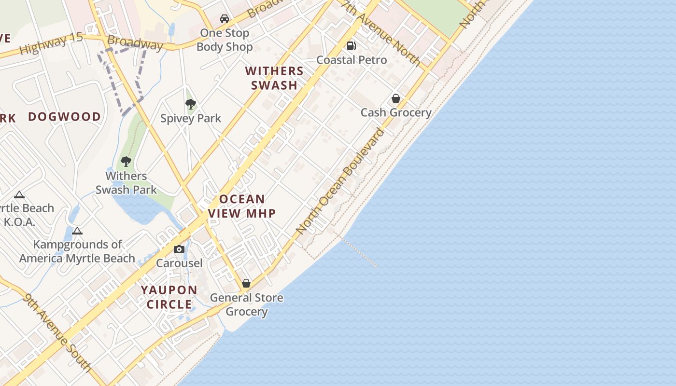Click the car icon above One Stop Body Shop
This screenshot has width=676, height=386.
[x=225, y=19]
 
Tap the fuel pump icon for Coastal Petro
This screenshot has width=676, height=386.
[x=352, y=46]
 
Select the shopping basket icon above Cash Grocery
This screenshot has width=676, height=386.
[x=396, y=98]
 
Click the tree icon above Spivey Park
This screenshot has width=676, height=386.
[x=191, y=104]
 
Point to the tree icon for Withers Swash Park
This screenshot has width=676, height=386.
[x=126, y=161]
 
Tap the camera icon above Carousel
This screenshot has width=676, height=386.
[x=179, y=249]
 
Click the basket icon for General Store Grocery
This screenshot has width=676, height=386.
[x=246, y=283]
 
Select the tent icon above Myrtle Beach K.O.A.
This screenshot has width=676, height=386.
[x=19, y=195]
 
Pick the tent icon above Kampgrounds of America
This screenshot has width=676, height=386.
[x=77, y=231]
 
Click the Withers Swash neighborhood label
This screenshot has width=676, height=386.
[x=274, y=78]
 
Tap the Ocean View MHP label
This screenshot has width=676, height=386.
[x=242, y=206]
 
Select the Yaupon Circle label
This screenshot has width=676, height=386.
[x=169, y=297]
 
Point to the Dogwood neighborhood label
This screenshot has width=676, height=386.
[x=64, y=117]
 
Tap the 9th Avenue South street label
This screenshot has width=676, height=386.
[x=57, y=333]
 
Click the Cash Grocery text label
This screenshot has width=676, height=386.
[x=396, y=112]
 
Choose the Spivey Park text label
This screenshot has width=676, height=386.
[x=191, y=118]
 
